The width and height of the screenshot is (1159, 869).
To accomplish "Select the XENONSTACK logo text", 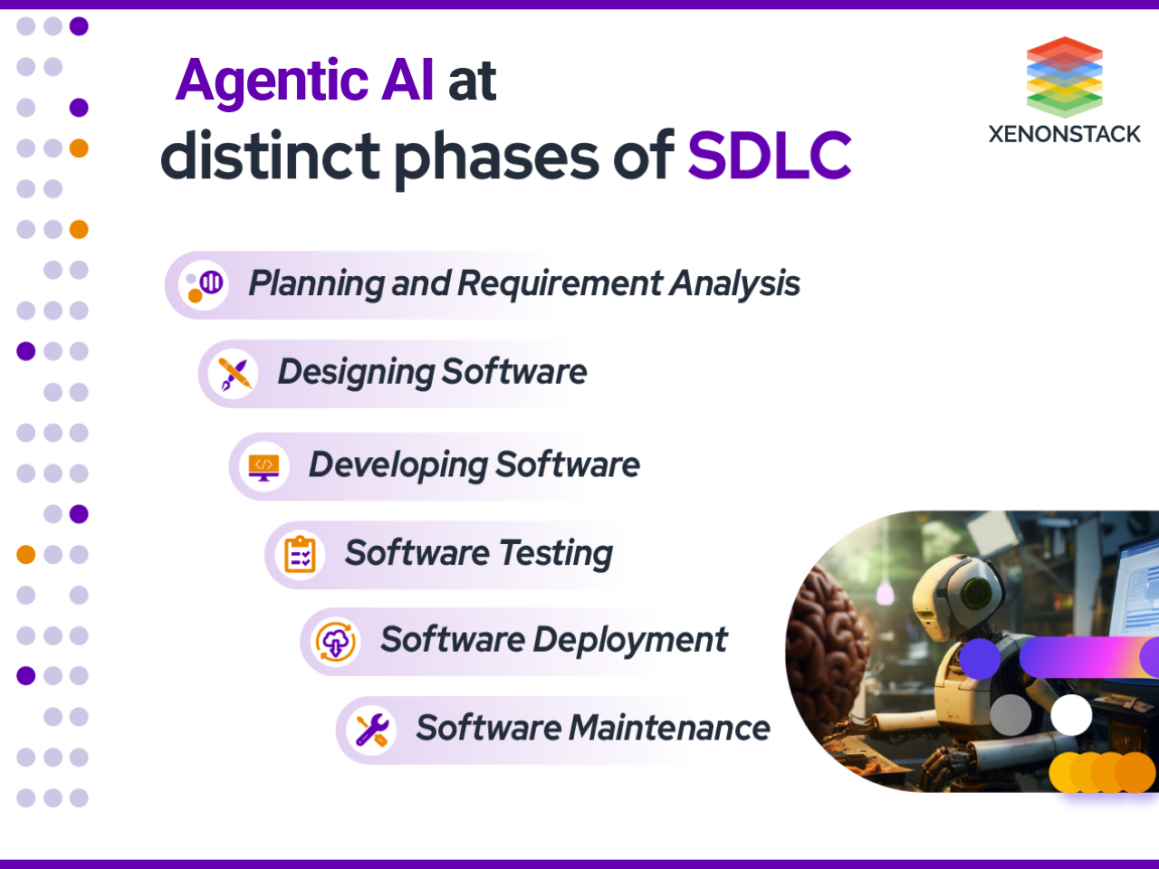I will pos(1064,134).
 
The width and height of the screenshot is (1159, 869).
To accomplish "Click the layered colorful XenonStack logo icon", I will pos(1064,76).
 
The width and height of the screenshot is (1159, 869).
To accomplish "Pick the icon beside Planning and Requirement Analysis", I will pos(204,284).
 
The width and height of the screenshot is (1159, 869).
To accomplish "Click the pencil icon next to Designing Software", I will pos(235,373).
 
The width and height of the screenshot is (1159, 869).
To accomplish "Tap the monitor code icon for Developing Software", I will pos(263,466).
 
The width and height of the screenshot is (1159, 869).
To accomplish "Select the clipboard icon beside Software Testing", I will pos(300,554).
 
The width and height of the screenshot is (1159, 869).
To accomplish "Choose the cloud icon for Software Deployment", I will pos(335,642).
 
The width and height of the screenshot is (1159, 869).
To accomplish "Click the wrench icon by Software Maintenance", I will pos(371,730).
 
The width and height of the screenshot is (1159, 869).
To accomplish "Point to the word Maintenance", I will pos(669,728).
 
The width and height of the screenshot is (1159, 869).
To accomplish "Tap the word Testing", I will pos(556,553).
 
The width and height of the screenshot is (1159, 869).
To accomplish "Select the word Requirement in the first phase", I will pos(560,283).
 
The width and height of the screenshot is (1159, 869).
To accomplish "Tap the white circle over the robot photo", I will pos(1071,715).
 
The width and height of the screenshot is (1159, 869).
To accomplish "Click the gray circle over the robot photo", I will pos(1011,715).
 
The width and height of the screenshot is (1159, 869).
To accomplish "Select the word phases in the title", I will pos(496,156).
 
